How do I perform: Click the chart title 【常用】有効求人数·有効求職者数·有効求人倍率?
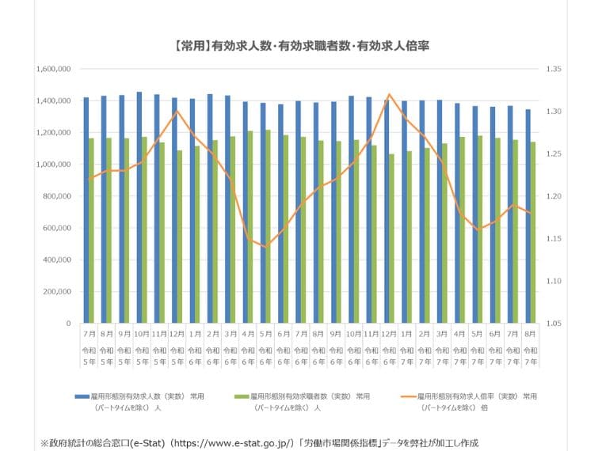pyautogui.click(x=300, y=46)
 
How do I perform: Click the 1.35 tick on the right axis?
pyautogui.click(x=551, y=70)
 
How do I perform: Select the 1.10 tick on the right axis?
pyautogui.click(x=551, y=281)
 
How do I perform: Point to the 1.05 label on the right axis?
pyautogui.click(x=551, y=324)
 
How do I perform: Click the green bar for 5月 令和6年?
pyautogui.click(x=268, y=226)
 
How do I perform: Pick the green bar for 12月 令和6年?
pyautogui.click(x=391, y=238)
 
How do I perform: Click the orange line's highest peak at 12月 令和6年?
pyautogui.click(x=389, y=94)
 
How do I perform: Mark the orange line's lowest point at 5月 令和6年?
pyautogui.click(x=265, y=247)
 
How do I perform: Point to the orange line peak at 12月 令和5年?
pyautogui.click(x=177, y=111)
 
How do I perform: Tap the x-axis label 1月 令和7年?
pyautogui.click(x=406, y=343)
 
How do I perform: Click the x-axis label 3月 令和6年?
pyautogui.click(x=230, y=343)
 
